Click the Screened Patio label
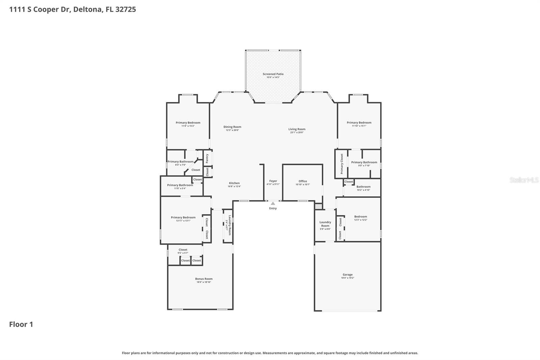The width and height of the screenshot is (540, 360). coord(273,74)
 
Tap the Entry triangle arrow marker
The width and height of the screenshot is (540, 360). coord(273,203)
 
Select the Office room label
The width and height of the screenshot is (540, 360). coord(303,181)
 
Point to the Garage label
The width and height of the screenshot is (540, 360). coord(348,275)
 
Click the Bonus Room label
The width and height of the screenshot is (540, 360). coord(204,279)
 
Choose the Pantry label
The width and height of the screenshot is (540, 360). coord(207,158)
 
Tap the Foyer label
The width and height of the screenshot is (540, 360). coord(273,181)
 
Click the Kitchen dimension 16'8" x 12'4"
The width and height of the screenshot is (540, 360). coord(234,186)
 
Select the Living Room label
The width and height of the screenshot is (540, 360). coord(297,129)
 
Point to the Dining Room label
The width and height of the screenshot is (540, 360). coord(232,127)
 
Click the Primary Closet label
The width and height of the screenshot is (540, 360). coord(342,164)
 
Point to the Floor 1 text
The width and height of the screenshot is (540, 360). coord(21,324)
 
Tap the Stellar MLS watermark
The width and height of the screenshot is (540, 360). coord(524,180)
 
